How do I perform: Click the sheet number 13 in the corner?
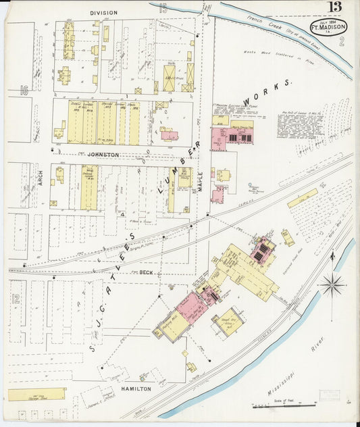(335, 7)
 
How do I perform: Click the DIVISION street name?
(103, 13)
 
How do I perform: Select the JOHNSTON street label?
(103, 155)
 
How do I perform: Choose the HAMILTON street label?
(137, 390)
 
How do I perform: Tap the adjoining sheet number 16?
(24, 89)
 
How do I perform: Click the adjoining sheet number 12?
(15, 298)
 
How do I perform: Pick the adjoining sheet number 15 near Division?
(163, 8)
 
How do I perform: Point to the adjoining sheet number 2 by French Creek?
(342, 41)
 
